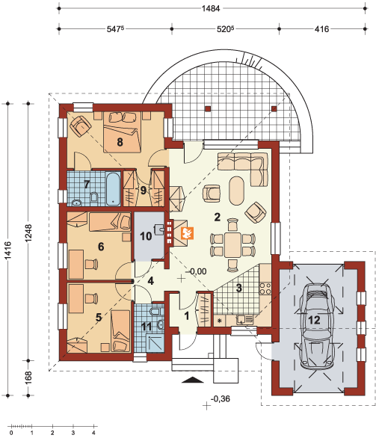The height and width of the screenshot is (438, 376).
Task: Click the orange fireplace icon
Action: pyautogui.click(x=188, y=233)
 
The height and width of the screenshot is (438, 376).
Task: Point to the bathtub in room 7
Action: pyautogui.click(x=111, y=188)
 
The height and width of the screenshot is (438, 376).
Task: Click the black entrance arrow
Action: pyautogui.click(x=193, y=380)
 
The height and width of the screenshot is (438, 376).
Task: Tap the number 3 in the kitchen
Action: pyautogui.click(x=239, y=288)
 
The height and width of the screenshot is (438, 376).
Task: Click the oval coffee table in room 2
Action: pyautogui.click(x=236, y=191)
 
